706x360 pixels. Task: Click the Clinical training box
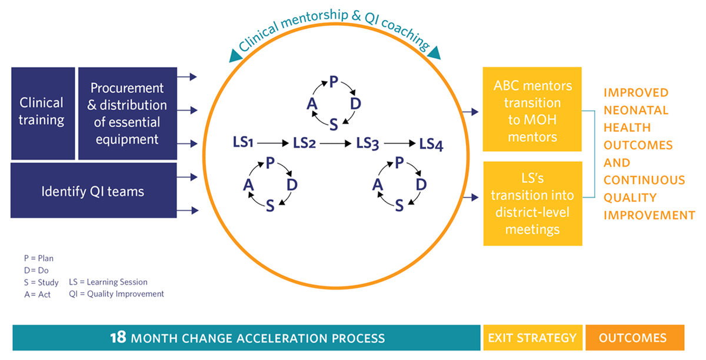tap(42, 112)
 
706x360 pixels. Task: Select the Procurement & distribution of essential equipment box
tap(127, 113)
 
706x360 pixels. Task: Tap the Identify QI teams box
tap(93, 191)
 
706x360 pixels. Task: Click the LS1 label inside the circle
tap(243, 142)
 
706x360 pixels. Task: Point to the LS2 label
tap(305, 142)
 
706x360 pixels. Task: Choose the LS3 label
tap(367, 142)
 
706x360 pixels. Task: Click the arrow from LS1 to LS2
tap(274, 143)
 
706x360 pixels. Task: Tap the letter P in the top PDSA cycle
tap(334, 82)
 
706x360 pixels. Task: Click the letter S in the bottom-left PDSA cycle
tap(270, 205)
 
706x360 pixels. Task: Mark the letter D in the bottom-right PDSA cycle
tap(421, 184)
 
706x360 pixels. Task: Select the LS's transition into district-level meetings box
tap(532, 203)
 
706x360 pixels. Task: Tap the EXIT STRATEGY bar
tap(532, 338)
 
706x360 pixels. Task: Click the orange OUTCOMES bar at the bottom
tap(633, 338)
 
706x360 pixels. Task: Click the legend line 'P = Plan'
tap(38, 258)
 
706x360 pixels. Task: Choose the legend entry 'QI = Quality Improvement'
tap(116, 294)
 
